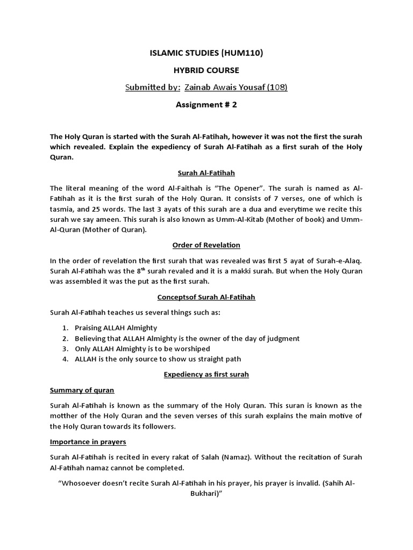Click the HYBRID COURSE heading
coord(206,70)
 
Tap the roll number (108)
coord(277,88)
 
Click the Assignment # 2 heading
coord(206,105)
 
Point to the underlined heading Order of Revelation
coord(206,245)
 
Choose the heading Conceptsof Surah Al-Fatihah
coord(206,297)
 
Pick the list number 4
coord(64,359)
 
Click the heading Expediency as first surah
coord(206,374)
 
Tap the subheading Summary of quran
coord(82,390)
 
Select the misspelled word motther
coord(65,416)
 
